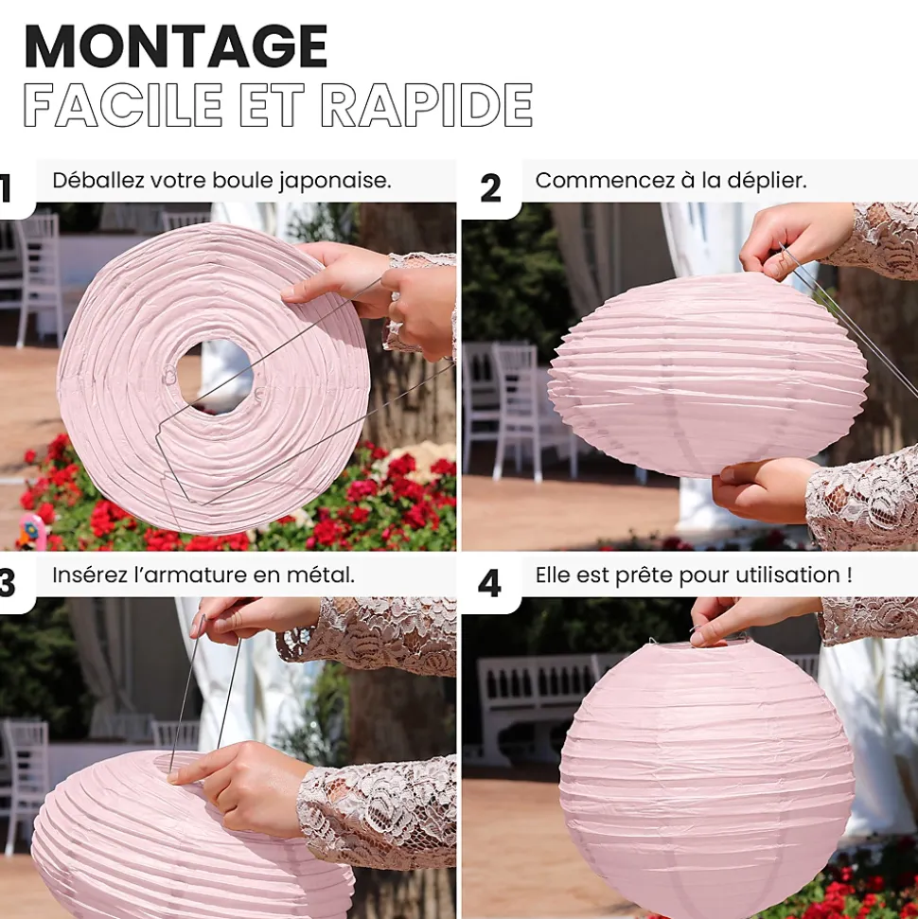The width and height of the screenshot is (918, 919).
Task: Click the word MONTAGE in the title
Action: pyautogui.click(x=176, y=46)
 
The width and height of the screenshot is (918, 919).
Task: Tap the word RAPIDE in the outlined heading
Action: pyautogui.click(x=427, y=105)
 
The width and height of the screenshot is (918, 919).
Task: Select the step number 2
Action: pyautogui.click(x=490, y=188)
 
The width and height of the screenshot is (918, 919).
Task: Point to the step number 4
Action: pyautogui.click(x=489, y=584)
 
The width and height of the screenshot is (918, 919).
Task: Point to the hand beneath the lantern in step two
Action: pyautogui.click(x=762, y=490)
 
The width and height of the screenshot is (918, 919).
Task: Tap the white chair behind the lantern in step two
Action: pyautogui.click(x=519, y=410)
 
